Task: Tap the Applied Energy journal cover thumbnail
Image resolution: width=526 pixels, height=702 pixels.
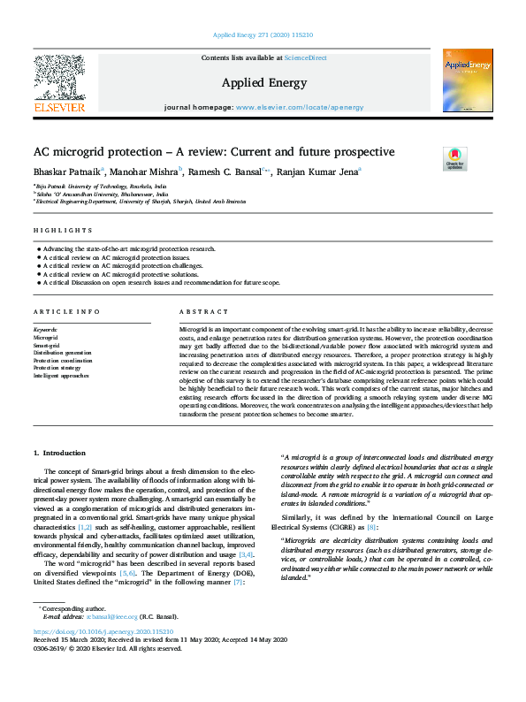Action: click(x=467, y=80)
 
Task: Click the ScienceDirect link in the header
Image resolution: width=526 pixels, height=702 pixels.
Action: click(x=306, y=57)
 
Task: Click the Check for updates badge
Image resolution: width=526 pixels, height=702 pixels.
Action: click(x=454, y=158)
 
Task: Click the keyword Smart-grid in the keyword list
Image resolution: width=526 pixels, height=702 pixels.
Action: click(x=47, y=345)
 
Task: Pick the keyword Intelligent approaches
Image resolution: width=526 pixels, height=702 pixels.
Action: click(x=61, y=375)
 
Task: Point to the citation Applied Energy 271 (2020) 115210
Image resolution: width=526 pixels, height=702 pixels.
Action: click(x=263, y=35)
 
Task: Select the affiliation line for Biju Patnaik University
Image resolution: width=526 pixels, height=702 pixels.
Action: click(x=100, y=187)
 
